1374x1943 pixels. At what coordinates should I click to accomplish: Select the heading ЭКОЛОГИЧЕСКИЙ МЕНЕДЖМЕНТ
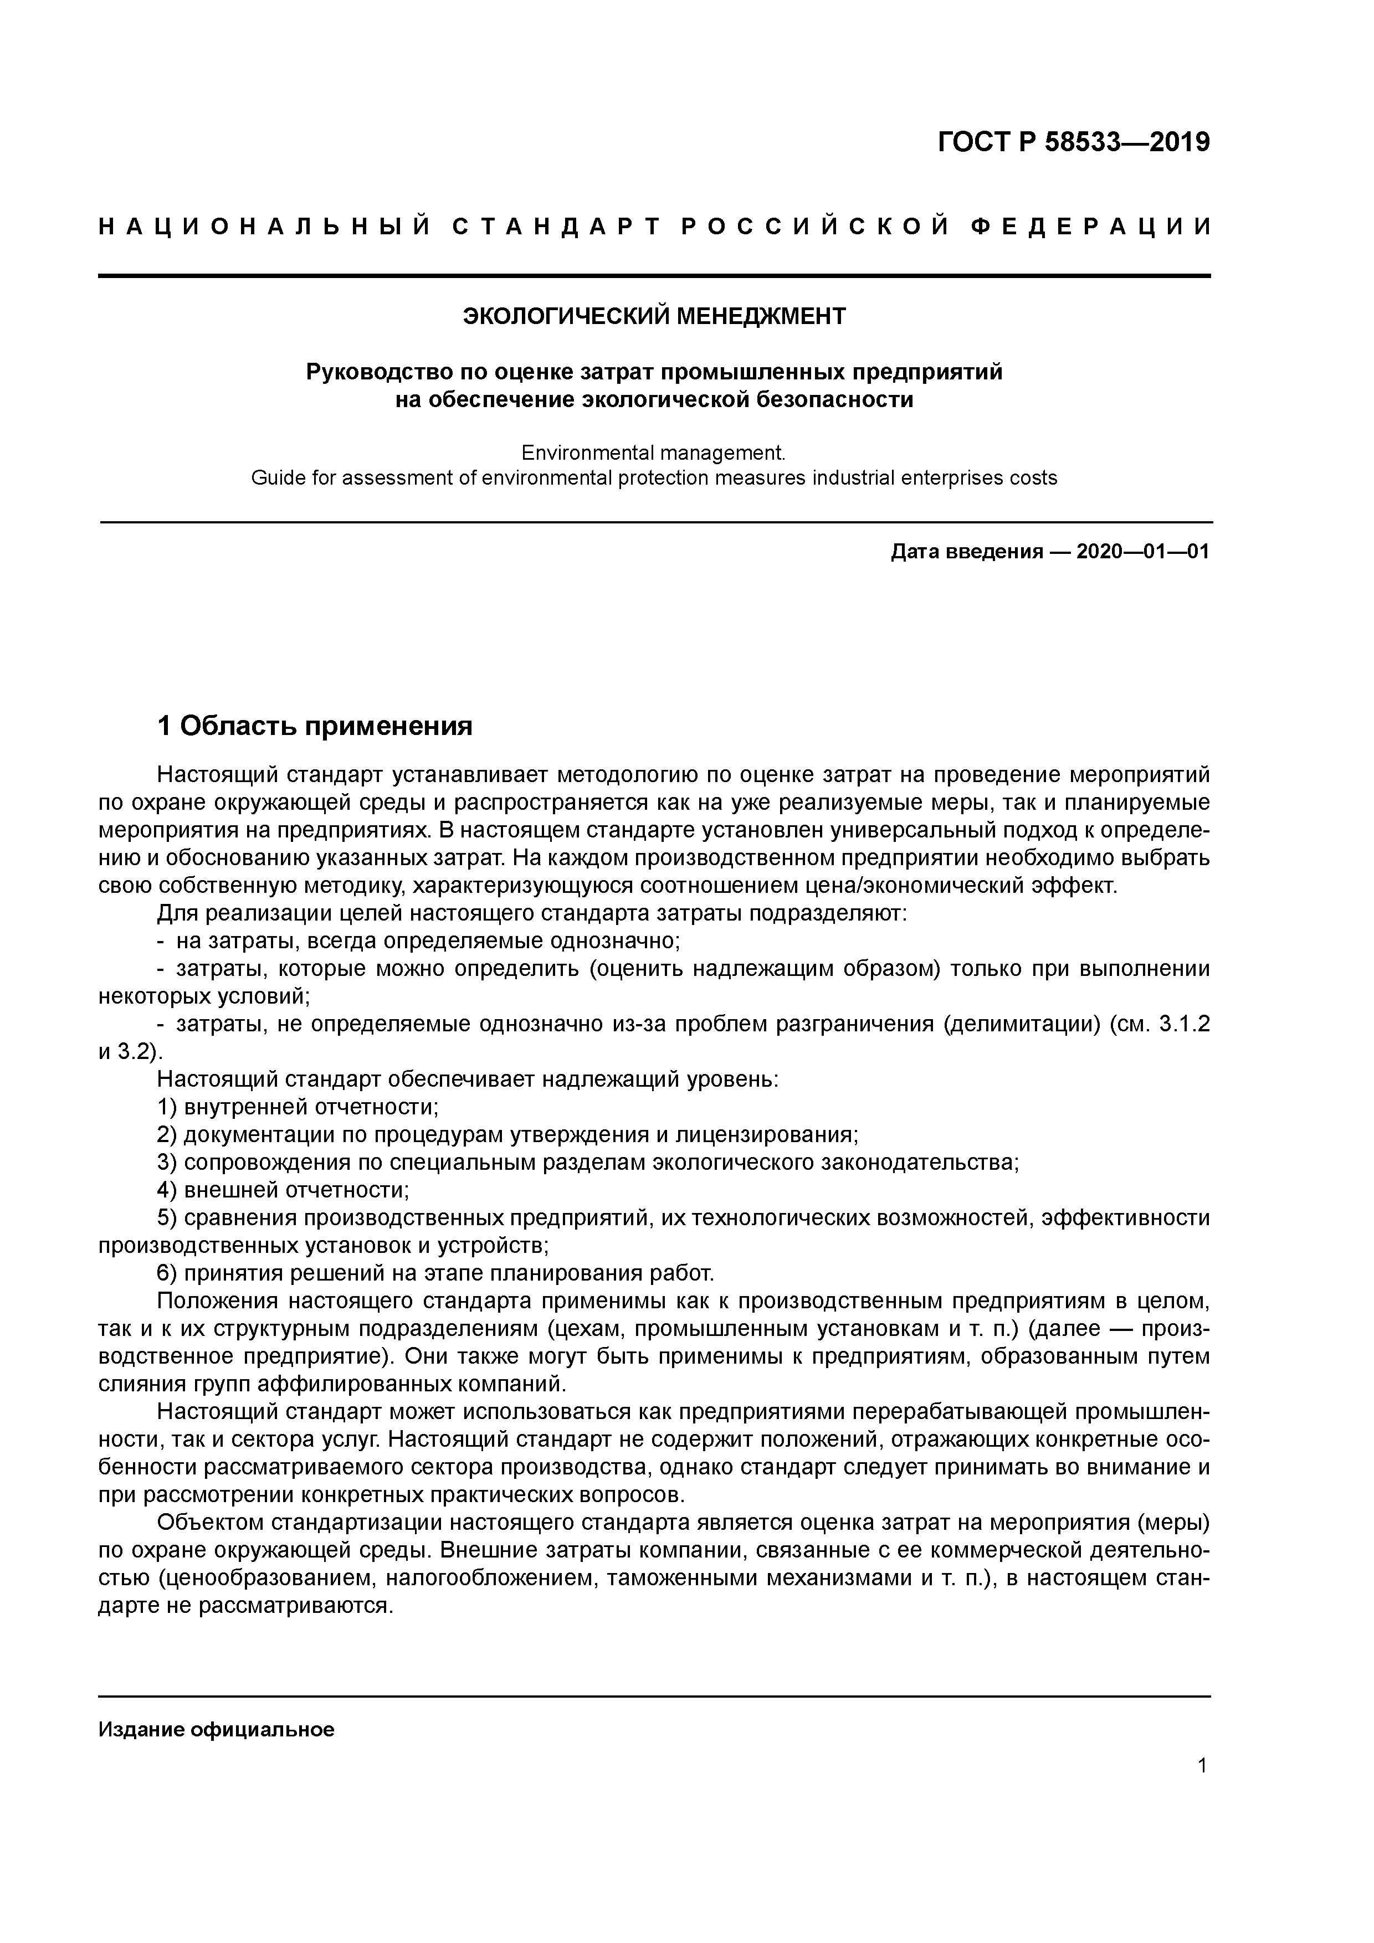pos(654,316)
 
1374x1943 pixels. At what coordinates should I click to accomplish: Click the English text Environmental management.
pos(654,452)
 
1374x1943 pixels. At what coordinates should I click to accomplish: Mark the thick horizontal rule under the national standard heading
pos(654,276)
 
